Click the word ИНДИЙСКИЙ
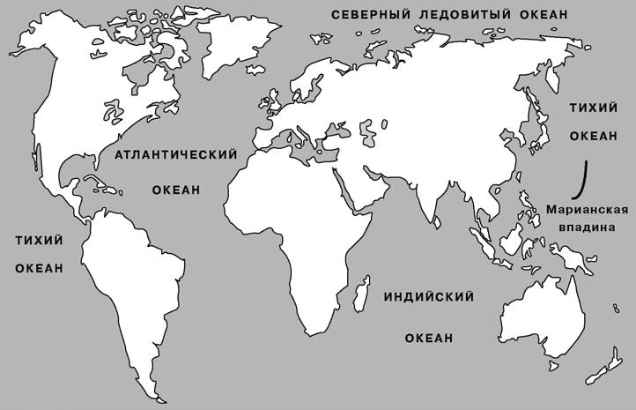430,297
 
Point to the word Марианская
586,209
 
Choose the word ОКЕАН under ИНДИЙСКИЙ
430,338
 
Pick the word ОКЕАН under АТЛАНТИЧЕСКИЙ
177,190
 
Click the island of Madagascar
359,294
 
